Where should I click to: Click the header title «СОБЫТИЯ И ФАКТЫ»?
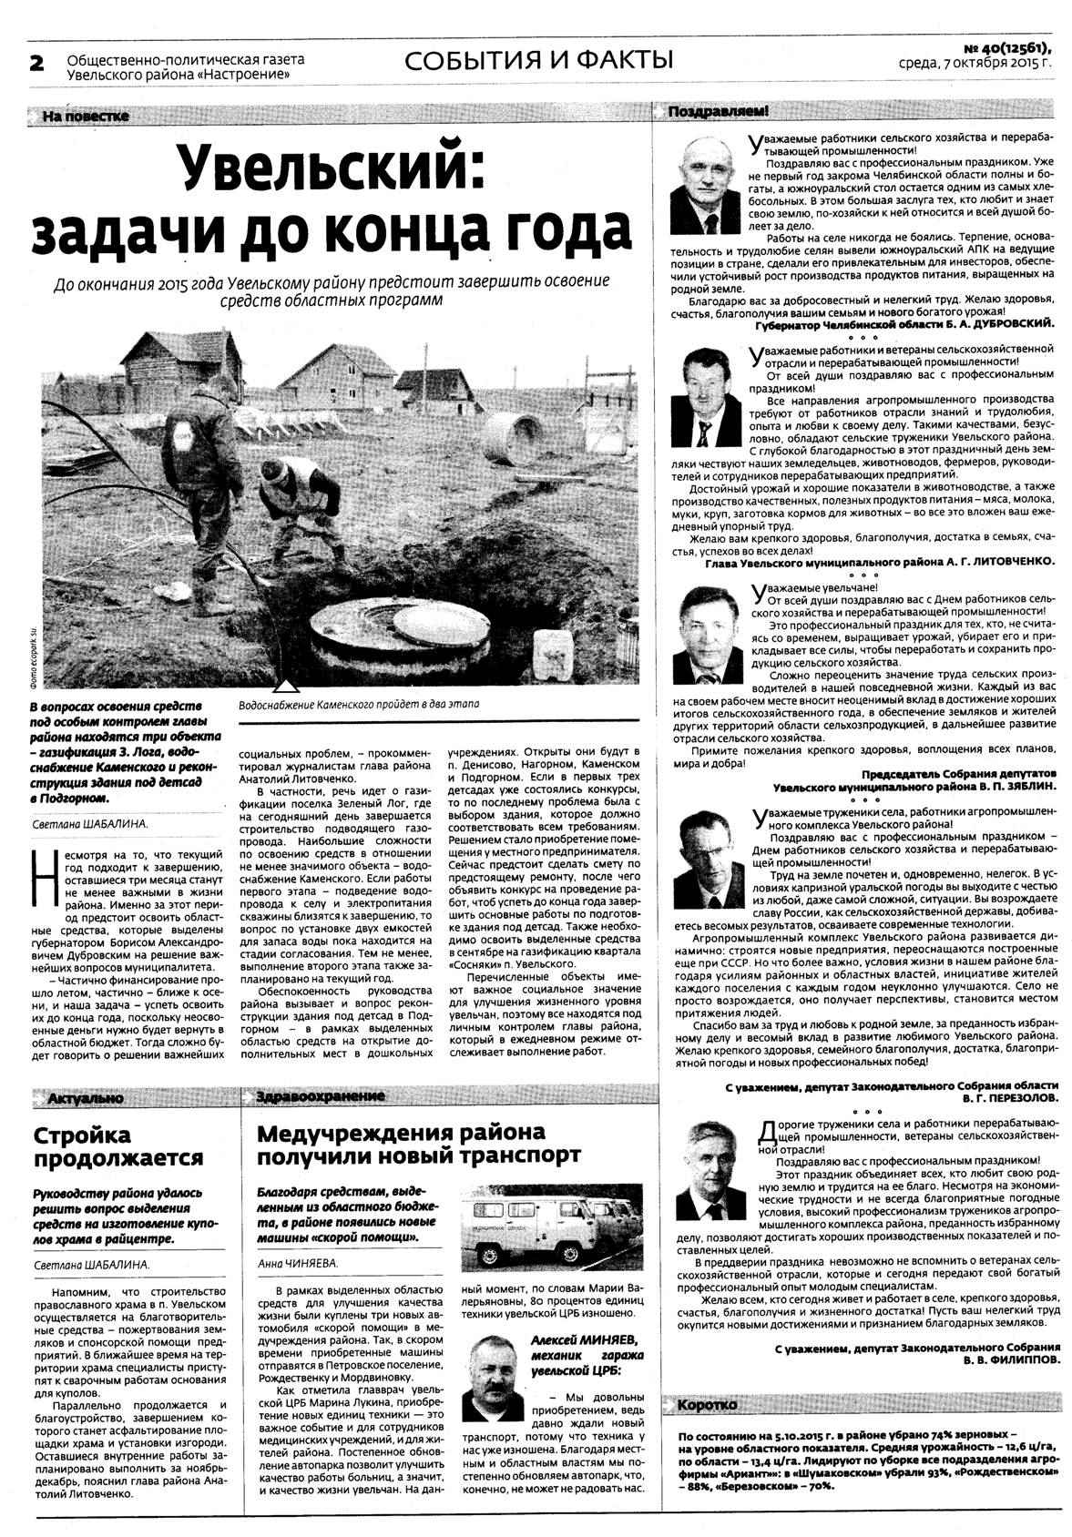pyautogui.click(x=538, y=61)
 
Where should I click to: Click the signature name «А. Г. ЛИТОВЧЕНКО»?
pyautogui.click(x=995, y=562)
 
